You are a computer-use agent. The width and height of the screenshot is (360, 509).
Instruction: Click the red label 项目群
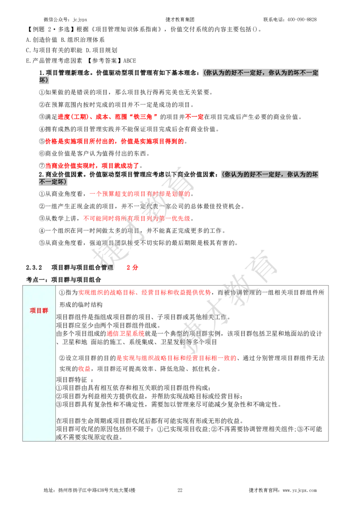coord(39,310)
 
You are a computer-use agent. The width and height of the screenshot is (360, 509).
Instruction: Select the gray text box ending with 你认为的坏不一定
coord(261,73)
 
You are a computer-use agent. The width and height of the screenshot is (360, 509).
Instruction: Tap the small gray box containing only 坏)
coord(43,81)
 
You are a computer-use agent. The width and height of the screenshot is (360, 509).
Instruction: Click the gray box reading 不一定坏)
coord(52,182)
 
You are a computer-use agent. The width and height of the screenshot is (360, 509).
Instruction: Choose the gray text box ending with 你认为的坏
coord(270,174)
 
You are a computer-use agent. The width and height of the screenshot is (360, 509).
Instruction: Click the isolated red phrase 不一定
coord(194,117)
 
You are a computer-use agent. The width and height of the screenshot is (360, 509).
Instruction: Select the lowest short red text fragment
coord(84,369)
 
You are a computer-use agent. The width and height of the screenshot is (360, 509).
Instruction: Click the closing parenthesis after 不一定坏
coord(65,182)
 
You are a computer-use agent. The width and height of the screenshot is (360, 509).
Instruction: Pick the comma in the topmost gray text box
coord(265,73)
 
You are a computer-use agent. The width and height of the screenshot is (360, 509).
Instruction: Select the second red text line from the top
coord(114,142)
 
